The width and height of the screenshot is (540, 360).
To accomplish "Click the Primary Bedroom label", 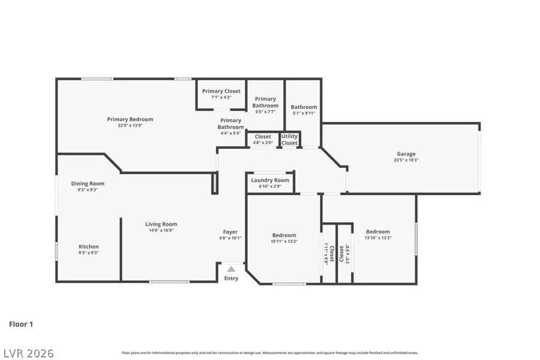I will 130,119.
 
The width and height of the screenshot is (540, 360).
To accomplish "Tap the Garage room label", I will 406,154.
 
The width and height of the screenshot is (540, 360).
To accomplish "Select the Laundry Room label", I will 270,180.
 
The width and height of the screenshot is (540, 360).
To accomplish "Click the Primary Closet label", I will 221,91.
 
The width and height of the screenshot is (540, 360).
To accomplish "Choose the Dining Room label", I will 88,184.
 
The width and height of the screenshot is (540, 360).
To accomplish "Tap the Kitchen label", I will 89,247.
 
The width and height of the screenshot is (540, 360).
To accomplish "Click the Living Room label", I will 161,224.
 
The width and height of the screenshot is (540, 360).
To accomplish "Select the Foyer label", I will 230,232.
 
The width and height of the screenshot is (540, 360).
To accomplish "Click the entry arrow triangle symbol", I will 231,269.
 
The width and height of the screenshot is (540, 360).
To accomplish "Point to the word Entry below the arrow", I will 231,278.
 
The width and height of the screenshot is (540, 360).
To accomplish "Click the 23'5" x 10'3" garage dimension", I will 406,160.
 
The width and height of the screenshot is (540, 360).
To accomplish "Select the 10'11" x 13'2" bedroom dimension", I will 284,241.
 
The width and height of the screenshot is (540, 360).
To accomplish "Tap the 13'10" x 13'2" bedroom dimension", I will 378,238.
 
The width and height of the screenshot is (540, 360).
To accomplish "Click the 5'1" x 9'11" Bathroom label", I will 304,110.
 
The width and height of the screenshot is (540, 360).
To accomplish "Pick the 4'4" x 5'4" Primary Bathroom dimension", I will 230,133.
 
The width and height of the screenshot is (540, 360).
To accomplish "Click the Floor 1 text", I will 21,324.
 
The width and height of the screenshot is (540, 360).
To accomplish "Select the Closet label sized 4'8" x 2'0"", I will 263,140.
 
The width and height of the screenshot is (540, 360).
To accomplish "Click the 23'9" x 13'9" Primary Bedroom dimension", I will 130,126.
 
